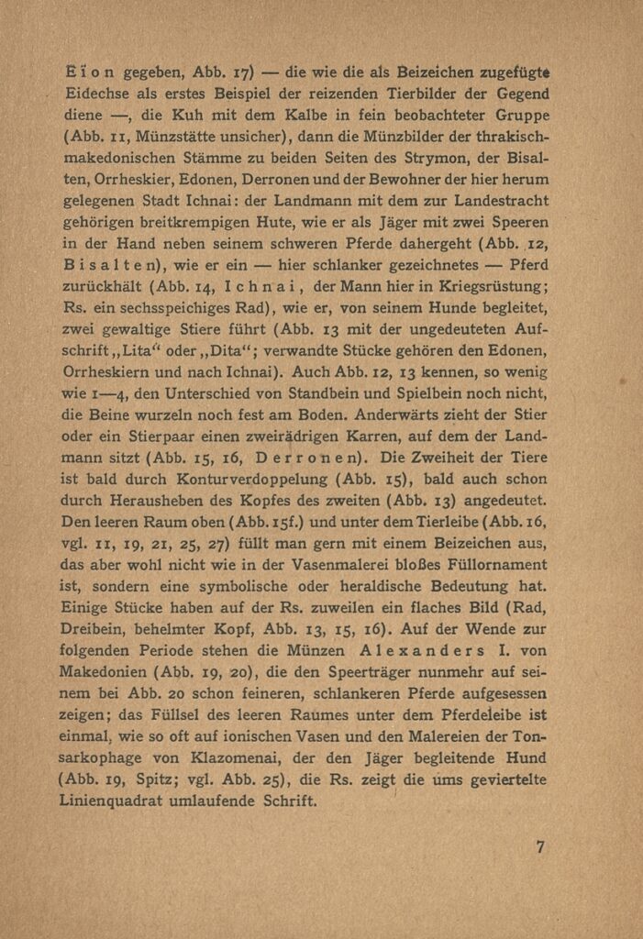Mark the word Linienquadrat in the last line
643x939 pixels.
121,801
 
